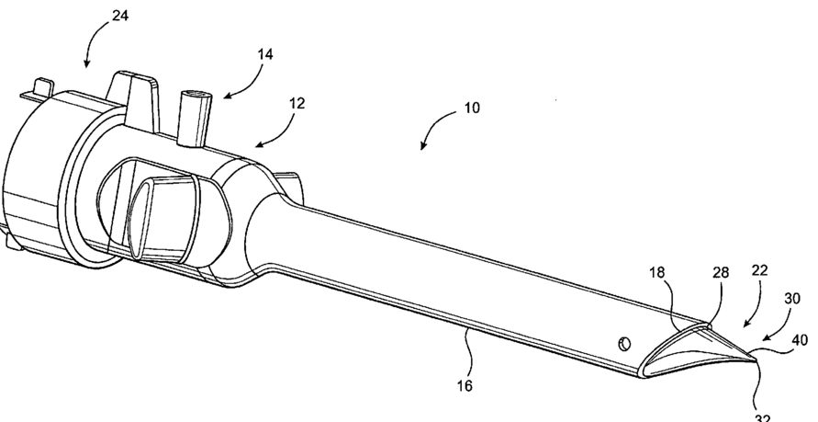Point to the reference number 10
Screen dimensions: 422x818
471,107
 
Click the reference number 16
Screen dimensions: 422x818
465,386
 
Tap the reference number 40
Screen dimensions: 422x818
800,339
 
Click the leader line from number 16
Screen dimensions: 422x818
470,350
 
